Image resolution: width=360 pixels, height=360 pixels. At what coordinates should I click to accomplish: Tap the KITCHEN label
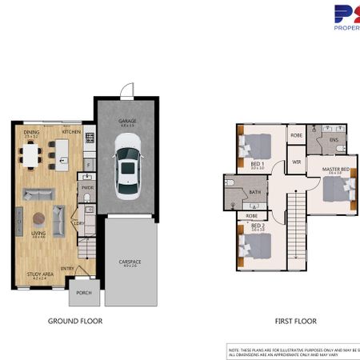point(72,131)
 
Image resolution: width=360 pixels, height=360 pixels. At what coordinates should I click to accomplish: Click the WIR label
point(295,162)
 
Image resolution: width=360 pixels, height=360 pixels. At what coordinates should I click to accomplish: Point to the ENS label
point(334,140)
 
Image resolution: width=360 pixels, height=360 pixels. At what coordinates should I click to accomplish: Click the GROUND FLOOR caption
point(74,321)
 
